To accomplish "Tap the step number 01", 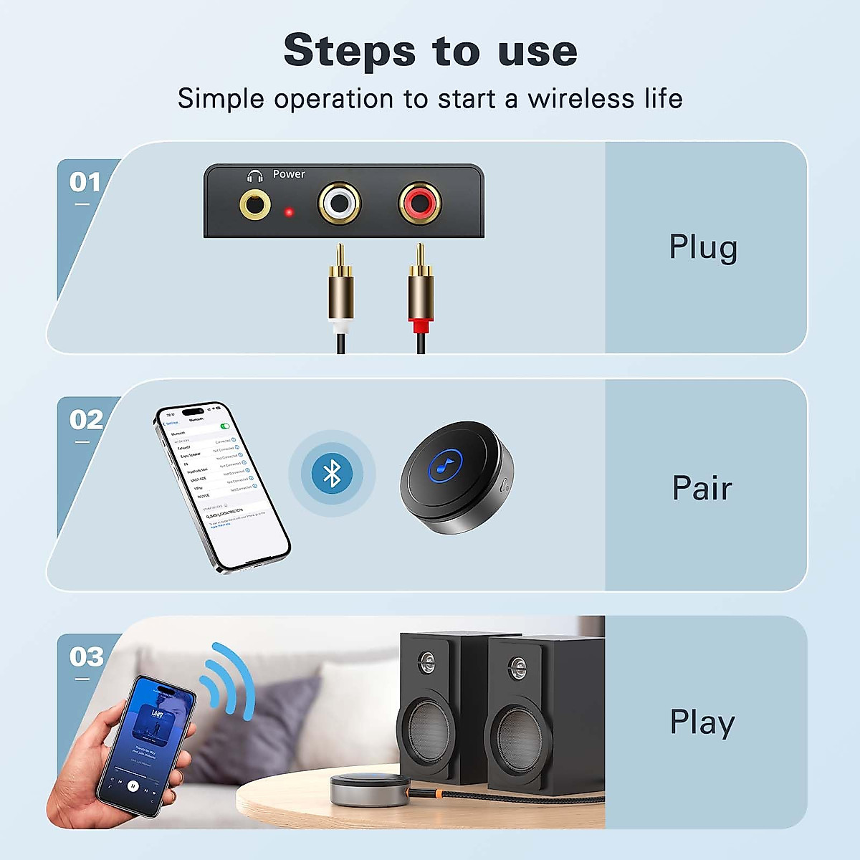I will click(85, 182).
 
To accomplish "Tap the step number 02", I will click(85, 420).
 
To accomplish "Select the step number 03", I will click(86, 657).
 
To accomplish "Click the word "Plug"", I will click(702, 248).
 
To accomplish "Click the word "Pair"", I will click(702, 488).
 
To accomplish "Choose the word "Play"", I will click(702, 722).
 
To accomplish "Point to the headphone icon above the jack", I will click(254, 176).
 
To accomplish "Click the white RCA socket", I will click(338, 204).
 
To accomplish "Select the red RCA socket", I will click(419, 204).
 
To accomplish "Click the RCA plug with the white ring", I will click(340, 294).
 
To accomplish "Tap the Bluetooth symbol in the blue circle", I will click(332, 474).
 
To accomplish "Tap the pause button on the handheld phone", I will click(133, 785).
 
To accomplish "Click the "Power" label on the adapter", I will click(289, 174).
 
